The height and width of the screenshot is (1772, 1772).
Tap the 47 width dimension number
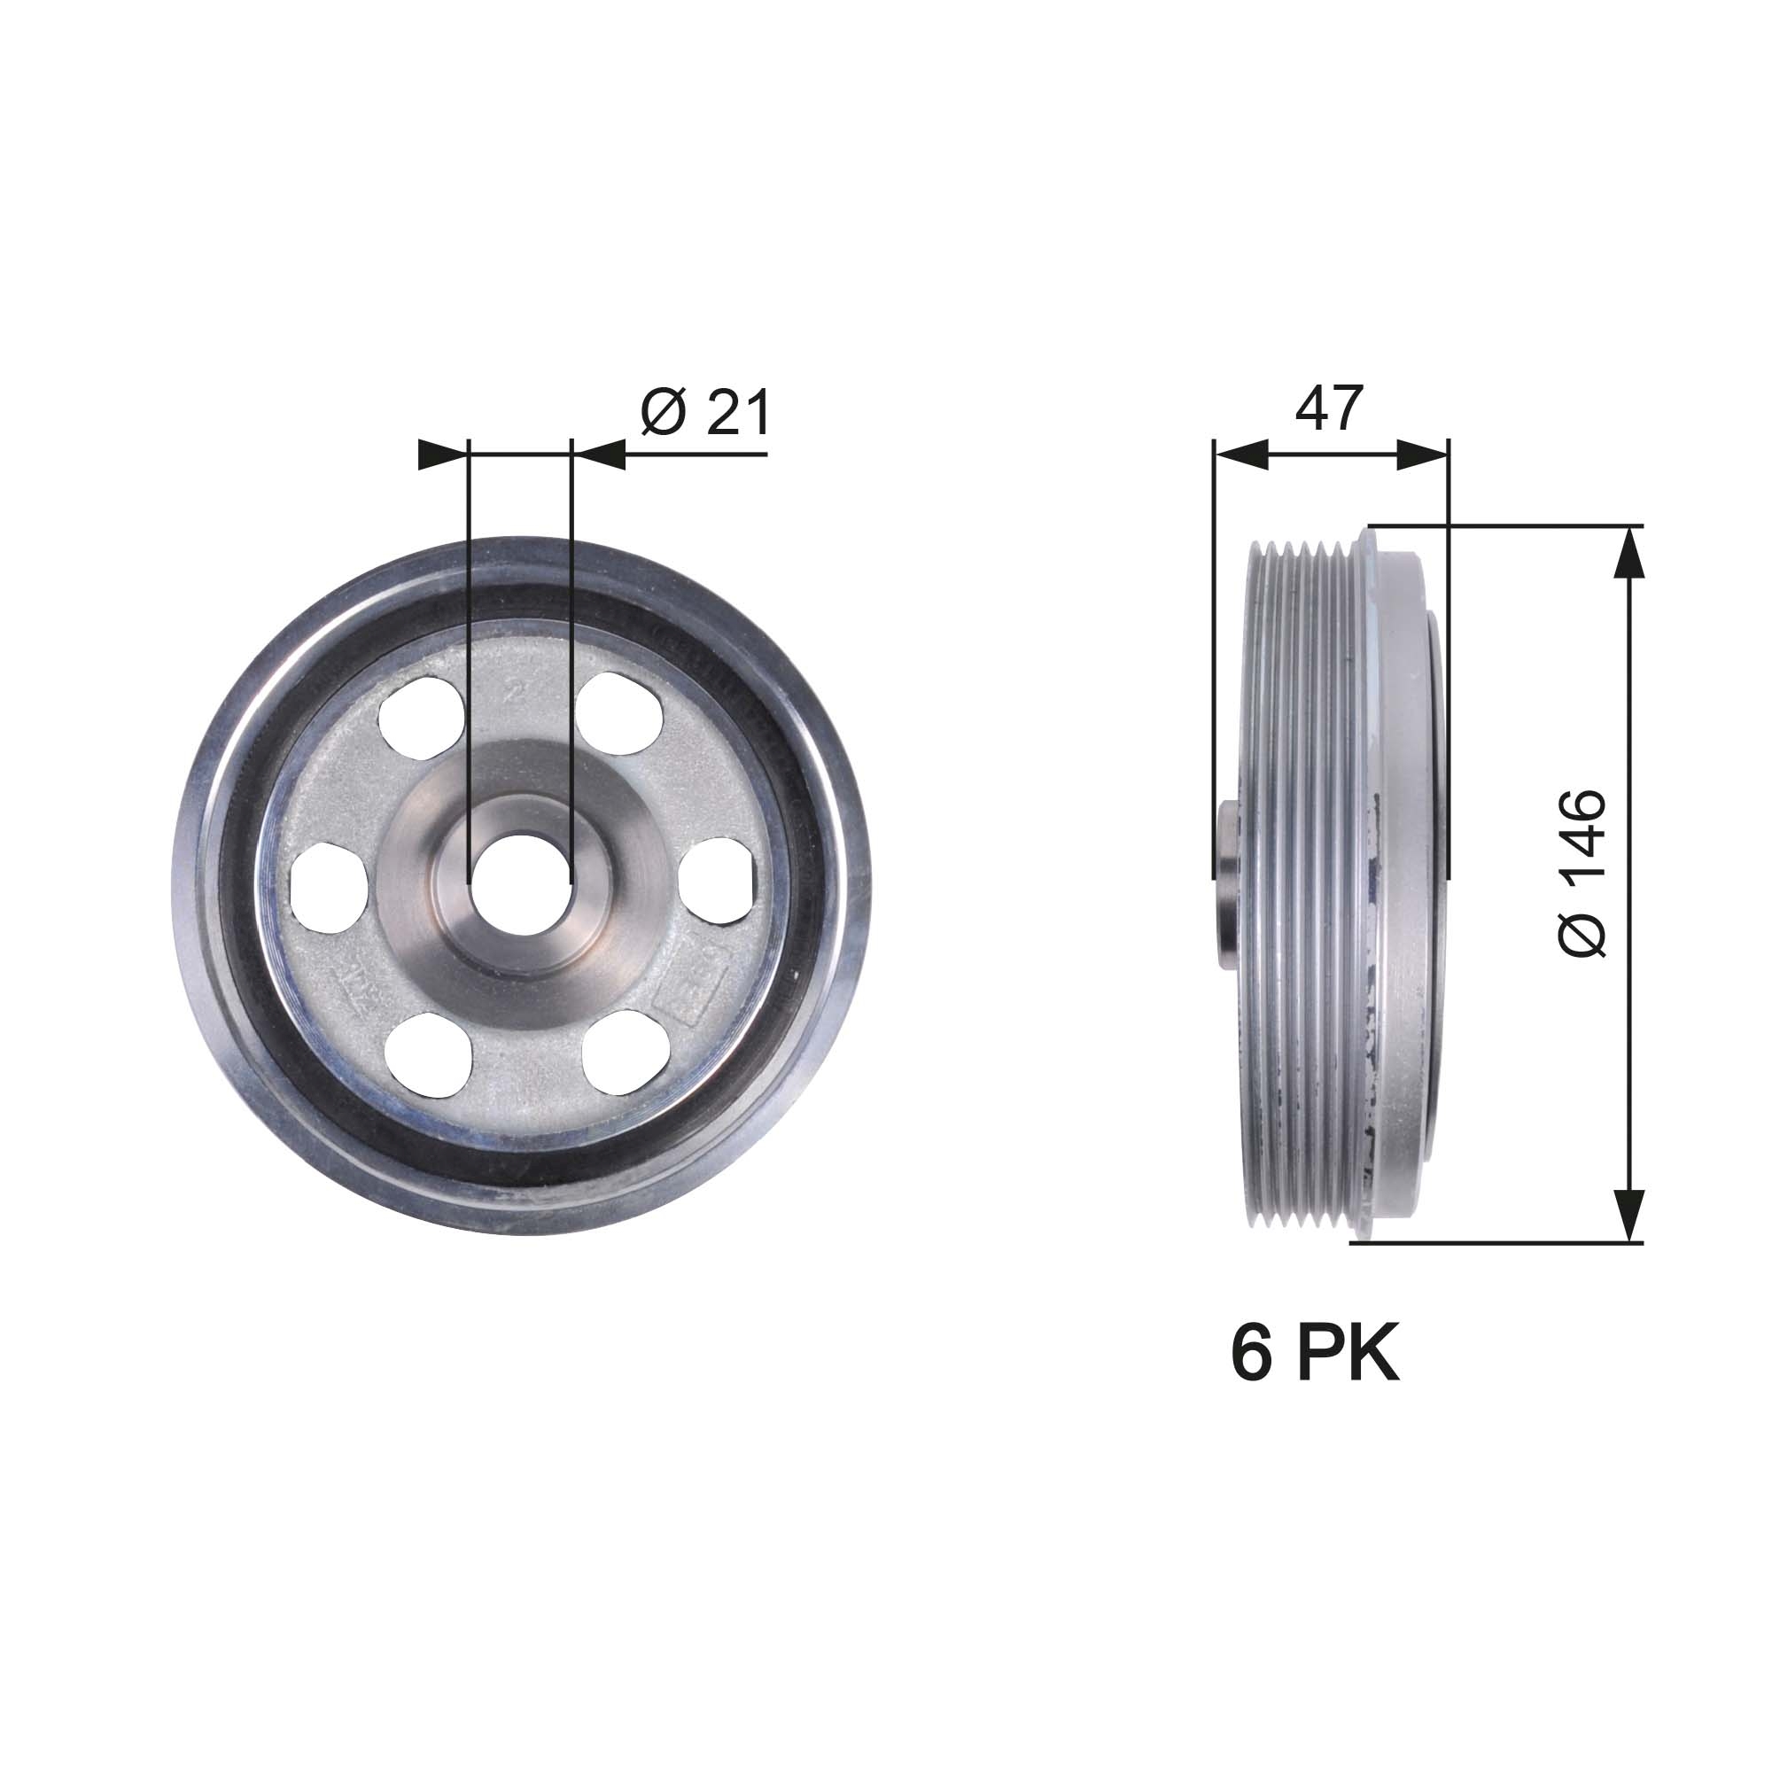click(x=1329, y=408)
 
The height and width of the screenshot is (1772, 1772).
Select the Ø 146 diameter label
click(x=1583, y=872)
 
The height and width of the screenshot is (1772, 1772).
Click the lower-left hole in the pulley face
click(x=429, y=1053)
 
